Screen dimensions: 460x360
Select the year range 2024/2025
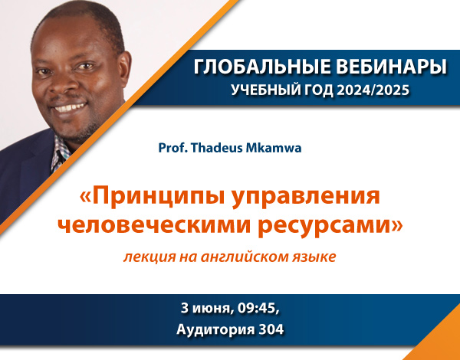click(373, 90)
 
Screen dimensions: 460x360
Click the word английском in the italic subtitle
click(245, 257)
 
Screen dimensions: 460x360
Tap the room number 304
click(271, 329)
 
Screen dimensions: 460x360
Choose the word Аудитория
click(216, 330)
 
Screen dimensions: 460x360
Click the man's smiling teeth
click(71, 107)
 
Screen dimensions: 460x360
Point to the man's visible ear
click(123, 69)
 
